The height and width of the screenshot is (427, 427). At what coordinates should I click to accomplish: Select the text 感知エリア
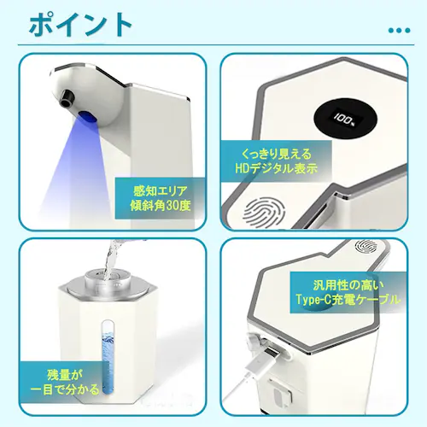tap(161, 190)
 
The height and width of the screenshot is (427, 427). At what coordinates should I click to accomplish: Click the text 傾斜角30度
tap(161, 208)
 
